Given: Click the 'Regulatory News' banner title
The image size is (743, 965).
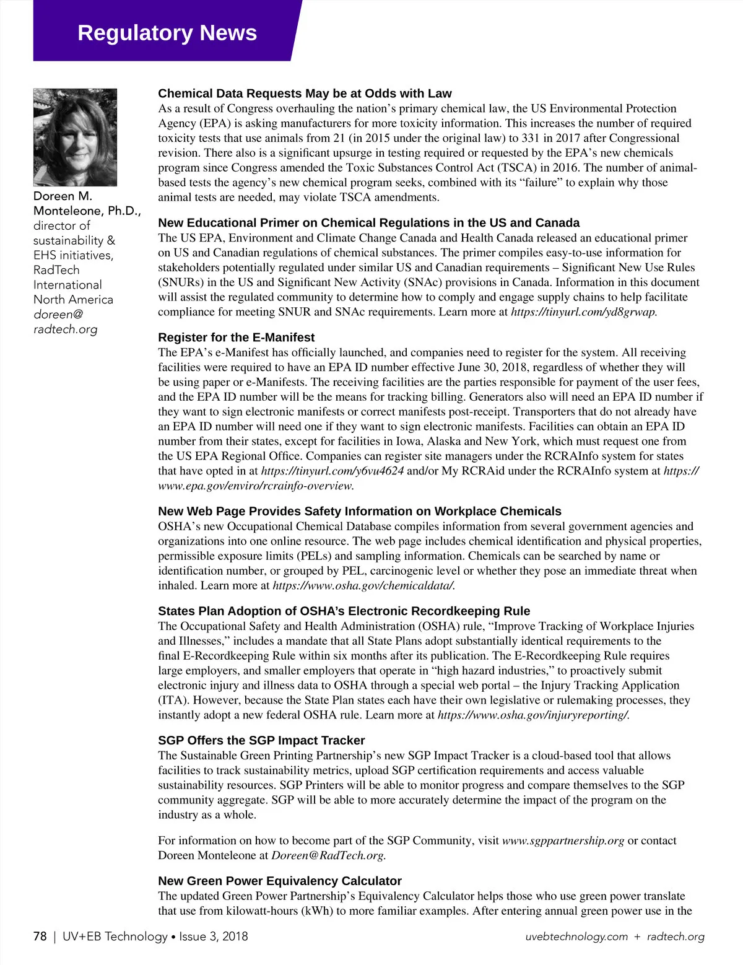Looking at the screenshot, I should coord(167,32).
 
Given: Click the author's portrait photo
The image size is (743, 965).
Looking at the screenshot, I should coord(75,137).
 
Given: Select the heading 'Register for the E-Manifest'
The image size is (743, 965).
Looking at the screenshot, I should coord(236,338).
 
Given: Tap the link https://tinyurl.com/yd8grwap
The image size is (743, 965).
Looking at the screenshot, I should coord(584,312).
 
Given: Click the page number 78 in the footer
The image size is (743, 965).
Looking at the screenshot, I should coord(40,936).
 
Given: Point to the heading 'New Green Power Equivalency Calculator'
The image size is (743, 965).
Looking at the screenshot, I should coord(280,881).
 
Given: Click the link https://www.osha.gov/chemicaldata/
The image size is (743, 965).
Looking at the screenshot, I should coord(363,585).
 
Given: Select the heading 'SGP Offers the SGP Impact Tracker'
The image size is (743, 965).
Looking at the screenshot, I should coord(261,740).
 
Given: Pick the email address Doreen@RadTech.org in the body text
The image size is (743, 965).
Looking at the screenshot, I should coord(328,855).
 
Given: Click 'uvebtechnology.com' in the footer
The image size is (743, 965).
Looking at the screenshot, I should coord(576,937).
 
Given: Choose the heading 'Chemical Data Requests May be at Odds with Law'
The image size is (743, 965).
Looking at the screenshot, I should coord(305,94).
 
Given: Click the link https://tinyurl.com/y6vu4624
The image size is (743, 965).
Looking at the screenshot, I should coord(332,471).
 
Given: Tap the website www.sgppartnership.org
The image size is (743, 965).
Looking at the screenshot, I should coord(563,841).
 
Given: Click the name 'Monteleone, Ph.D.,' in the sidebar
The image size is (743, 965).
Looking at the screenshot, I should coord(87,211).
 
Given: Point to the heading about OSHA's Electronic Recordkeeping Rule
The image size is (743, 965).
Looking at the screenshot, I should coord(344,611).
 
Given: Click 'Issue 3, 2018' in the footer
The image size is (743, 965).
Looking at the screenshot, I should coord(213,936).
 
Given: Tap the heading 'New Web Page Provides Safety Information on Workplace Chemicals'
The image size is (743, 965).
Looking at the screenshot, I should coord(359,511).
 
